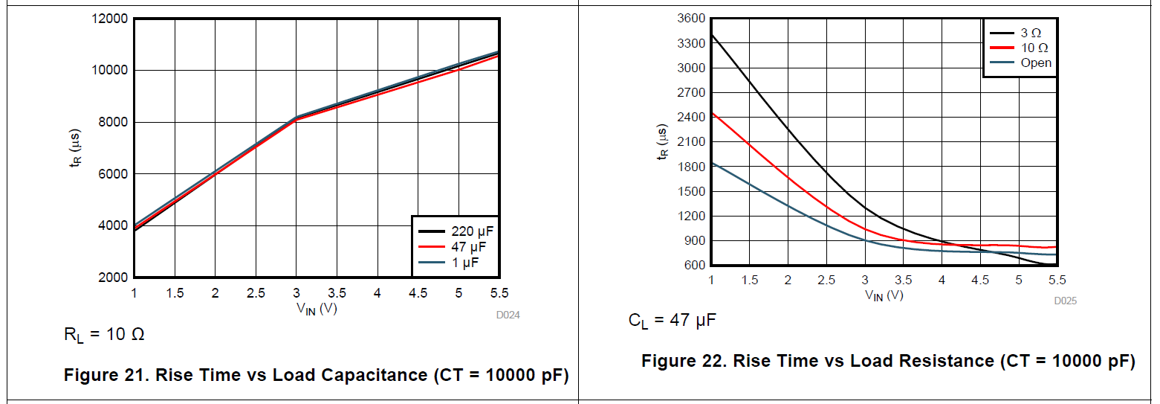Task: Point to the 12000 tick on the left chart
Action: click(x=108, y=19)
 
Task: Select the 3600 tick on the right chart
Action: click(x=691, y=19)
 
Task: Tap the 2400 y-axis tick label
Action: click(x=691, y=117)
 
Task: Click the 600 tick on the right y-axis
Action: click(x=695, y=265)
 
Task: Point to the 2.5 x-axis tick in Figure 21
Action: click(x=256, y=293)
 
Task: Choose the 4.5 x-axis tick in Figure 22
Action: click(x=980, y=280)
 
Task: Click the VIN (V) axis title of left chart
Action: click(x=317, y=309)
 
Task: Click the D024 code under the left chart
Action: click(x=508, y=315)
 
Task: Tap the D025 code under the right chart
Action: click(x=1064, y=301)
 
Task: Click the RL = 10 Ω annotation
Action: click(x=104, y=335)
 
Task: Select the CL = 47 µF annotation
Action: click(x=672, y=321)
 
